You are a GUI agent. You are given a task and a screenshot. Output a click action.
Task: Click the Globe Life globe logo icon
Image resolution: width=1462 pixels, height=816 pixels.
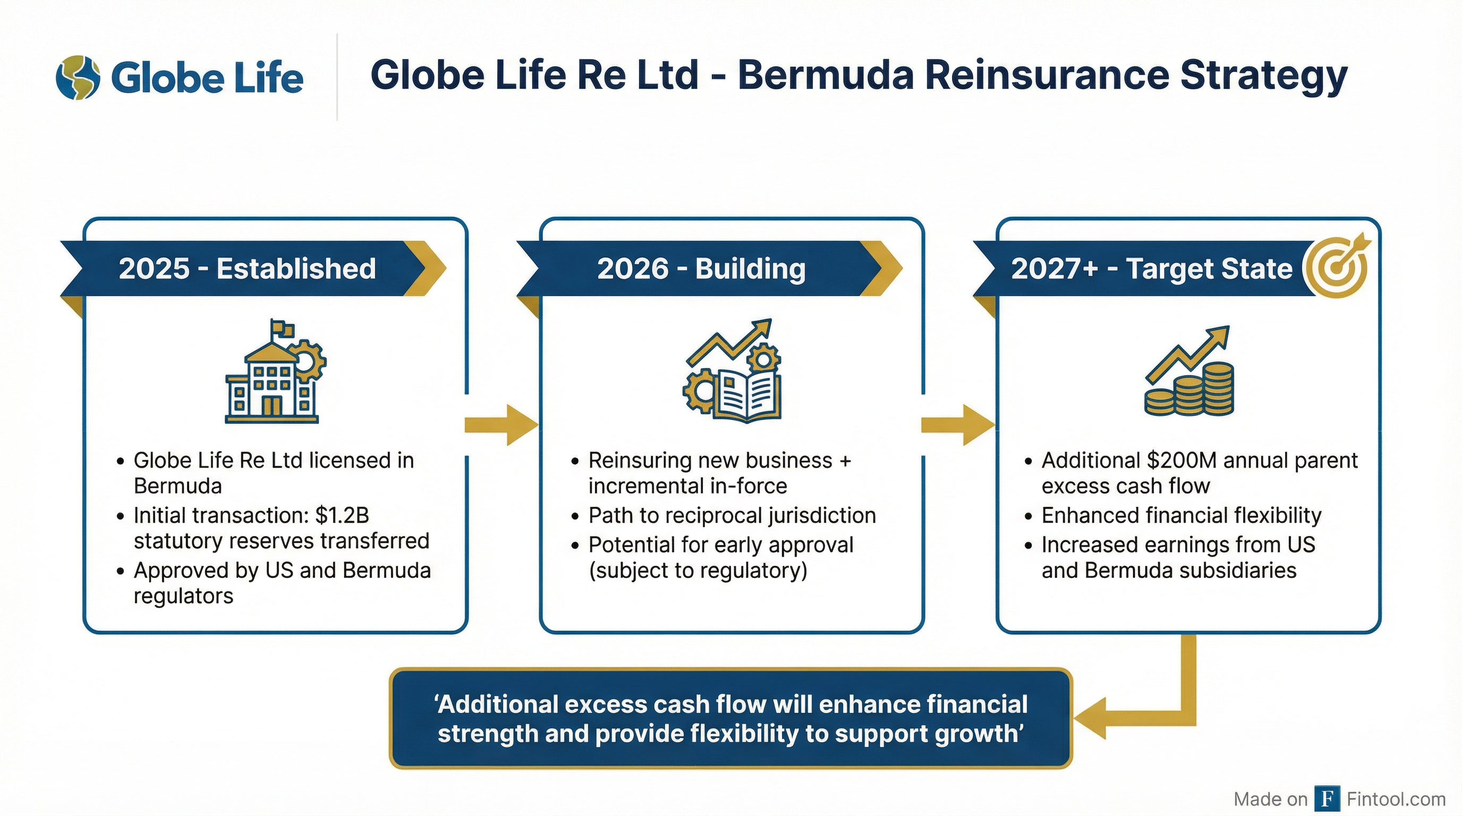pos(78,78)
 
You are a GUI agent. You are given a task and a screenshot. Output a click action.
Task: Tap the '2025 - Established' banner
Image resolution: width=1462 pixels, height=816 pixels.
pos(248,268)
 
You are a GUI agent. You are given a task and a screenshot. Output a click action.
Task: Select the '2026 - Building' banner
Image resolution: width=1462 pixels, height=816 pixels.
pos(701,268)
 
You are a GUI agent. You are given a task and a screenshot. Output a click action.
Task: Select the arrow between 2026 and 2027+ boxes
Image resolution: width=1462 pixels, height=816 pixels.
pos(957,424)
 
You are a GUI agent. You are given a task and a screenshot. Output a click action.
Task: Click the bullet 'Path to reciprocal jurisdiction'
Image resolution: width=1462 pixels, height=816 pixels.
pos(732,515)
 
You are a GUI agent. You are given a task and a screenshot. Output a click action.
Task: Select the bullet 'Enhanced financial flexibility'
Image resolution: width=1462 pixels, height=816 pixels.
pos(1181,515)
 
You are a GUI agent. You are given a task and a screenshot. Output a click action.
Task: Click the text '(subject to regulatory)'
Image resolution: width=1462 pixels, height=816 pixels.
pos(698,570)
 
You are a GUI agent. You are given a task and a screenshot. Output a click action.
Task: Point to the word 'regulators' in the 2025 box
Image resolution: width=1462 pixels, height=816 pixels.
pos(183,596)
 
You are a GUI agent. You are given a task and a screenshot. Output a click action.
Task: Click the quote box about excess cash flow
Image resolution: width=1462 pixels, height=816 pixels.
pos(730,719)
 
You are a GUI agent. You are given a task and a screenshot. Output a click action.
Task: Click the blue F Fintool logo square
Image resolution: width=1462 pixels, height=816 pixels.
pos(1328,799)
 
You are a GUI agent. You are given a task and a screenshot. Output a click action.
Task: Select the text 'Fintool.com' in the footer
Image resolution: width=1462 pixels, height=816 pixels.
pos(1396,799)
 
